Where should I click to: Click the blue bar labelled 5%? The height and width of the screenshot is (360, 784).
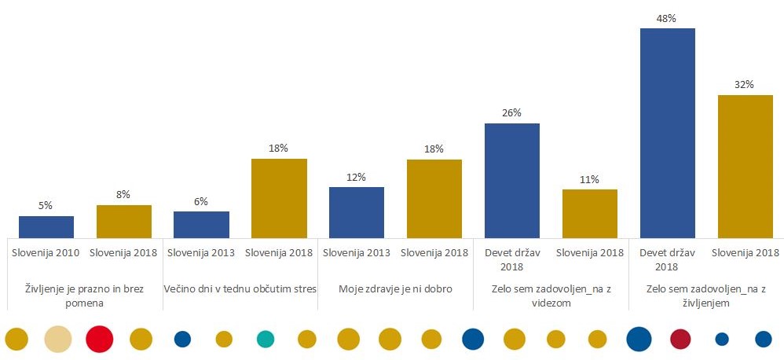[46, 226]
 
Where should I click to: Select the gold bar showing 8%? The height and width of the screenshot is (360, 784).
[124, 221]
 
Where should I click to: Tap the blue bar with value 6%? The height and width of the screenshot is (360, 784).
[201, 224]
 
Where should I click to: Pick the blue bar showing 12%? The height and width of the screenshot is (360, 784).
[357, 211]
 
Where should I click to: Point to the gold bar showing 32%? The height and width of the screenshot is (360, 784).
[746, 166]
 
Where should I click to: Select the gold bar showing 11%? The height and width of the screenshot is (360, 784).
[590, 213]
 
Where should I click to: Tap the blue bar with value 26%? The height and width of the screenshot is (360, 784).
[512, 180]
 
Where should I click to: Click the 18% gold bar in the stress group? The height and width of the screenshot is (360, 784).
[279, 197]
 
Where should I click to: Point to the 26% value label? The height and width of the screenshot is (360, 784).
[512, 112]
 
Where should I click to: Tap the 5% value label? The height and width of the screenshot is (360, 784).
[46, 205]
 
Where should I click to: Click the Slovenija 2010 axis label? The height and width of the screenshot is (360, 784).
[46, 252]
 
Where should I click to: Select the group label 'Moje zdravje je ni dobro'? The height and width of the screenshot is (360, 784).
[395, 288]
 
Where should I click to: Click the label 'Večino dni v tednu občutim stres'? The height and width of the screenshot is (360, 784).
[240, 288]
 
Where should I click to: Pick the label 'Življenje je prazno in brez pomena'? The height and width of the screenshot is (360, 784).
[85, 296]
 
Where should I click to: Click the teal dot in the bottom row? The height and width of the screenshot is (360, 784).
[266, 339]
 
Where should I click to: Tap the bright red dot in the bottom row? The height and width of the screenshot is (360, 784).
[99, 339]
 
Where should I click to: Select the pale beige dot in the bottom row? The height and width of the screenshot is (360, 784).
[57, 339]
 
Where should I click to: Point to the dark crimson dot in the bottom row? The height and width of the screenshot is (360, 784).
[680, 339]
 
